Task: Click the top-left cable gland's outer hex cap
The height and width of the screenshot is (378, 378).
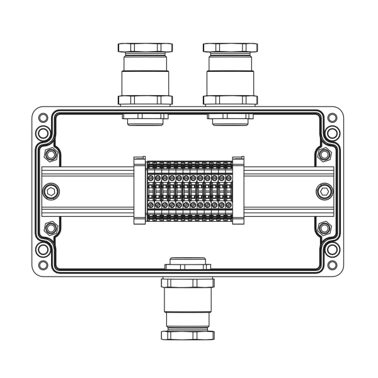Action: pos(145,48)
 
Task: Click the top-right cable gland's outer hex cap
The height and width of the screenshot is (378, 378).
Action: pos(230,48)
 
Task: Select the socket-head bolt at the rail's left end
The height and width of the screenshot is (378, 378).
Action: pos(51,191)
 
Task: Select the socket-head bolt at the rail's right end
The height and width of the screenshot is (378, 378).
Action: pos(324,191)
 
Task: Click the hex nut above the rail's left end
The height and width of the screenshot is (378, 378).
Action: pos(51,155)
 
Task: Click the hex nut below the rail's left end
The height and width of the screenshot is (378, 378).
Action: pos(51,227)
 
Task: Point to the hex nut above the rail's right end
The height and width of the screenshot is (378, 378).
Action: pos(324,155)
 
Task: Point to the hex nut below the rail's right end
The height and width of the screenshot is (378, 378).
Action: pos(324,227)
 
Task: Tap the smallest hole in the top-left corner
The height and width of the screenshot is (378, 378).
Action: pos(42,118)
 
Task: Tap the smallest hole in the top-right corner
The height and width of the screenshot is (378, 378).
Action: pos(333,118)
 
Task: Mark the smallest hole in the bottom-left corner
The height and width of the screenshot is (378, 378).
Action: pos(42,265)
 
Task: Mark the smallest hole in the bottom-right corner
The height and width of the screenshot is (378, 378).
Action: pos(333,265)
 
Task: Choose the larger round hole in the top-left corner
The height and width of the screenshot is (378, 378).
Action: pos(42,133)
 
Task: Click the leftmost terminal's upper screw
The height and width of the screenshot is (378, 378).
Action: pos(151,178)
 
